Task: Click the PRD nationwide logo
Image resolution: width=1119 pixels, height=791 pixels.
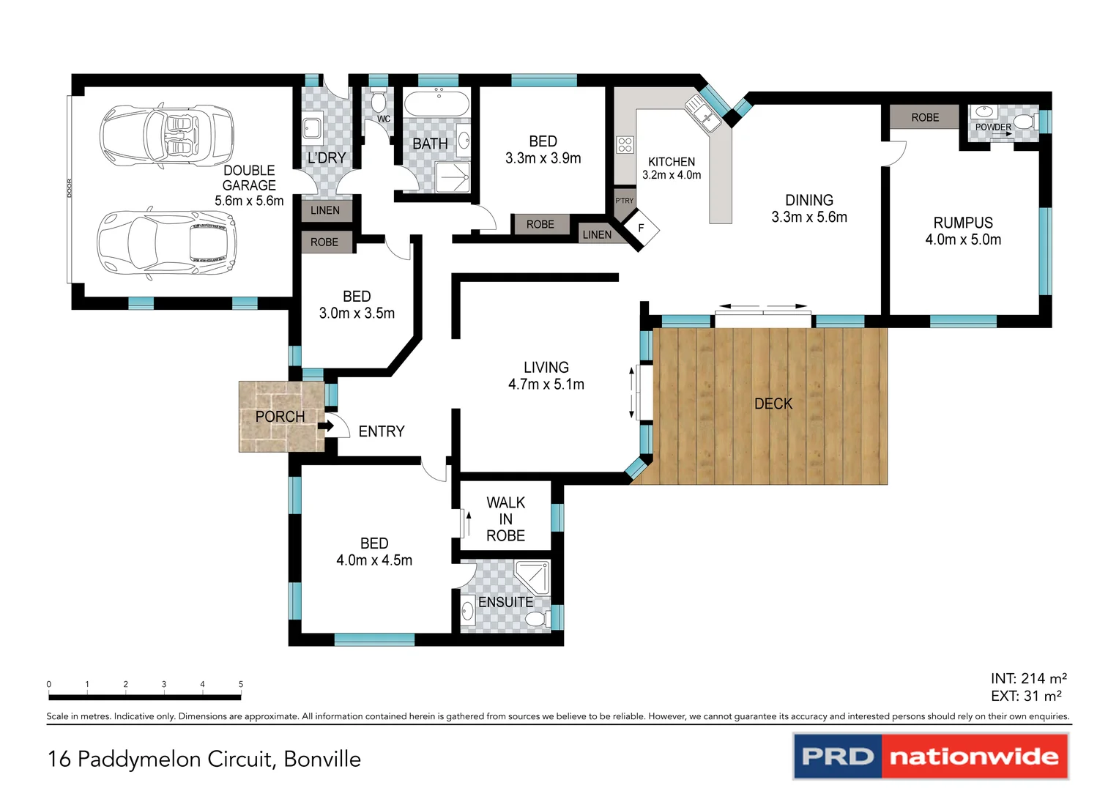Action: click(930, 756)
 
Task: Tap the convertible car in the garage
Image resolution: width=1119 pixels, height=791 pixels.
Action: click(166, 135)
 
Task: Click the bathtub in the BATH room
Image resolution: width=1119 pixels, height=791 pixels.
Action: click(437, 104)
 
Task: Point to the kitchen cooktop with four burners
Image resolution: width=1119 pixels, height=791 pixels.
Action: click(625, 145)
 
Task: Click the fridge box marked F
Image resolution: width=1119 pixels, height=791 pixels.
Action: click(641, 229)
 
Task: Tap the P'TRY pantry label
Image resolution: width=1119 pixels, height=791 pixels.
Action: click(624, 201)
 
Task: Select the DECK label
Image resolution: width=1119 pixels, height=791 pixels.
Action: click(773, 404)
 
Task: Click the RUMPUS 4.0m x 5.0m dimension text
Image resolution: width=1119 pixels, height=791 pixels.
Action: click(962, 239)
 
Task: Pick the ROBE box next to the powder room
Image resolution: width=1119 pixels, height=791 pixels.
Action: click(924, 117)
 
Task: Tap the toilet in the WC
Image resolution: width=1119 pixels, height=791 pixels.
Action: click(379, 100)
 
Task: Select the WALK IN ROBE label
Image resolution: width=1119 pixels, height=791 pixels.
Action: click(505, 519)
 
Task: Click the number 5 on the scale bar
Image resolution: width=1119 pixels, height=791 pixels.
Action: click(240, 684)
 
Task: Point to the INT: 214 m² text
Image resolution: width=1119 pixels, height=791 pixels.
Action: click(1028, 678)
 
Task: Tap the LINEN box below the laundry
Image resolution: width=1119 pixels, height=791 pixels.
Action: click(325, 210)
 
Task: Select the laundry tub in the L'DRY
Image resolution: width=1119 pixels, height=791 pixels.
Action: click(312, 128)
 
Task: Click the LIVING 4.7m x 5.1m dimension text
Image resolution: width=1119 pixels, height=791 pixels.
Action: click(546, 385)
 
